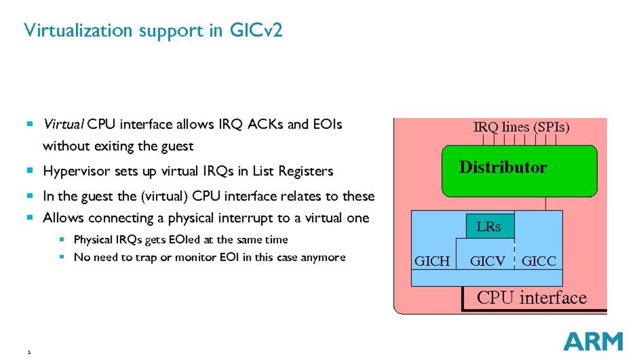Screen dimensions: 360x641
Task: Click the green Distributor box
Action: pyautogui.click(x=519, y=171)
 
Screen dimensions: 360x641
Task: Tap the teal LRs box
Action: pyautogui.click(x=490, y=226)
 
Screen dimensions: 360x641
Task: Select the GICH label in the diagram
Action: pyautogui.click(x=432, y=261)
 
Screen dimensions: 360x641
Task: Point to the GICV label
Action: pyautogui.click(x=488, y=261)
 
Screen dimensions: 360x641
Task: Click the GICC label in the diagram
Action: pyautogui.click(x=538, y=261)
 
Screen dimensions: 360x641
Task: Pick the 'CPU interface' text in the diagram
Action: pyautogui.click(x=531, y=298)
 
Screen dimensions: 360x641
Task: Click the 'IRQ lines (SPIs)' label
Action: pyautogui.click(x=521, y=128)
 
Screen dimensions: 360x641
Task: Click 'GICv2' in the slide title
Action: pyautogui.click(x=256, y=30)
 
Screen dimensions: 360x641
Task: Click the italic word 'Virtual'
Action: pyautogui.click(x=63, y=124)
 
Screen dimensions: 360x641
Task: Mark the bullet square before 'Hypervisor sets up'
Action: pyautogui.click(x=30, y=171)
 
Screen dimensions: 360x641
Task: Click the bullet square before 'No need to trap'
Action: pyautogui.click(x=61, y=257)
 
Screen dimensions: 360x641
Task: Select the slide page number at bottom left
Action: pyautogui.click(x=29, y=352)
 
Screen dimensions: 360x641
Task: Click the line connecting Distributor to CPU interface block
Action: pyautogui.click(x=546, y=204)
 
